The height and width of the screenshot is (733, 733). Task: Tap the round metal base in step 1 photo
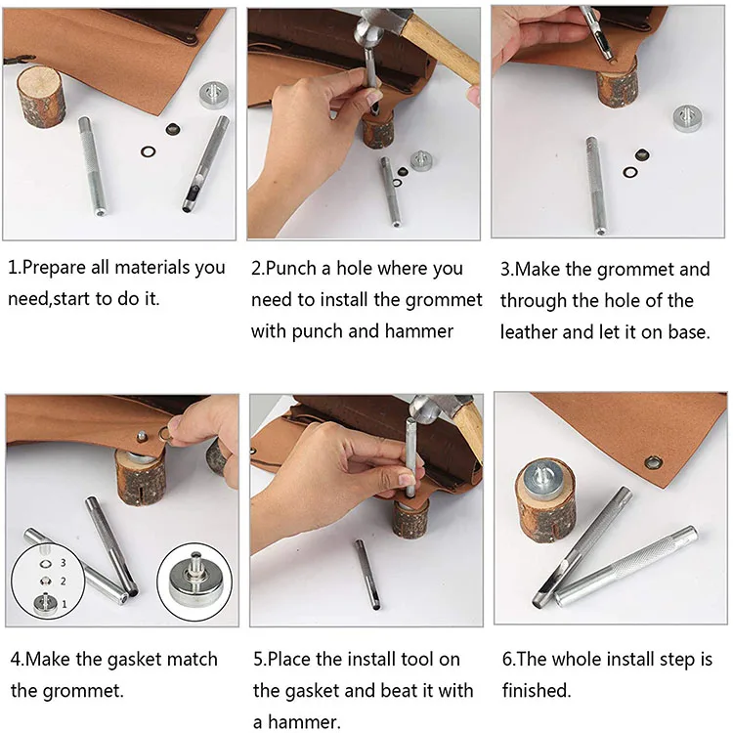(214, 95)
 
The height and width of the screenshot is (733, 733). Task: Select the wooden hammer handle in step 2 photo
(440, 48)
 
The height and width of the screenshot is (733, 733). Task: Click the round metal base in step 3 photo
(690, 118)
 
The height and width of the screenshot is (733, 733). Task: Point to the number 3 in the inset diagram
(63, 563)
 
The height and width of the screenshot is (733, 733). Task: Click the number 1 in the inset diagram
(65, 604)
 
